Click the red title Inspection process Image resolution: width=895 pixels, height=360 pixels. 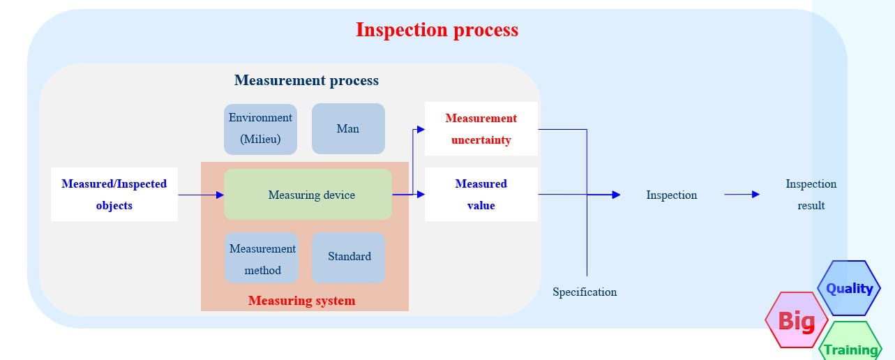437,30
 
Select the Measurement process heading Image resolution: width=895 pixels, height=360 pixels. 306,80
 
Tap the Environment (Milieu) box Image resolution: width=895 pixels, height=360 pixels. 260,128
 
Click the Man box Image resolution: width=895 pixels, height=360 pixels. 347,128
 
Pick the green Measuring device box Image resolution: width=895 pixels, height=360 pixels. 308,195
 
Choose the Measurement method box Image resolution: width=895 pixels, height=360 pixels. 262,259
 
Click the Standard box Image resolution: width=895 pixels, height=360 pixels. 349,257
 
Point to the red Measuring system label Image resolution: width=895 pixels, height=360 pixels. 301,301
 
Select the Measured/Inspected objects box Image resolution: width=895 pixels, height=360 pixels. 114,195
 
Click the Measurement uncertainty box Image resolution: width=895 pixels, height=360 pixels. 481,129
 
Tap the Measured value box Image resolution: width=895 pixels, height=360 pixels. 481,195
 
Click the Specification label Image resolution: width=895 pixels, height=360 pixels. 585,292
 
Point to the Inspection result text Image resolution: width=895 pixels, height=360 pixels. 811,195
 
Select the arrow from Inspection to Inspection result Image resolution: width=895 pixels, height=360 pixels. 742,195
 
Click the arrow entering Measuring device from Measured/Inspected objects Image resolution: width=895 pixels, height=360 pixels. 201,195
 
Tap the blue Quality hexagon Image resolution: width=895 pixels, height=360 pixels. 849,288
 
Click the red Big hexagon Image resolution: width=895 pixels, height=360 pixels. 796,320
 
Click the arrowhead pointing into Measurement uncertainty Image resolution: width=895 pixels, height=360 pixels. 420,129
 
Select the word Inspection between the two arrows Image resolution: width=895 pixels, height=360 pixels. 671,195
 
